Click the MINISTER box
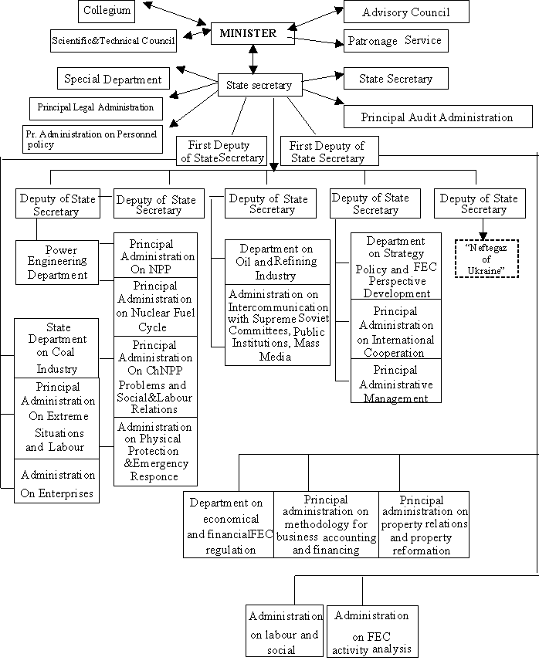point(253,33)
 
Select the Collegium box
point(107,11)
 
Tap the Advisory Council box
point(406,12)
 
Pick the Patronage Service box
point(395,41)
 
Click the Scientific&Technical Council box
point(113,41)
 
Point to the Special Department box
point(113,78)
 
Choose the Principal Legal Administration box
point(96,108)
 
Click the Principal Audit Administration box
point(438,117)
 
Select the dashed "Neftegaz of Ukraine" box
point(486,259)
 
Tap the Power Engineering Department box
point(56,263)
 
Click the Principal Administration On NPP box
point(155,256)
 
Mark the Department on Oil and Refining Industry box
point(277,263)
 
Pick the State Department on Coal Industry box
point(56,348)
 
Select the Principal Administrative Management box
point(396,381)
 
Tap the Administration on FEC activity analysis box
point(371,631)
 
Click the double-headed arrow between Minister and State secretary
point(253,59)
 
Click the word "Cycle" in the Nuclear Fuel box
point(152,327)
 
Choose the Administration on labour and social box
point(284,631)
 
